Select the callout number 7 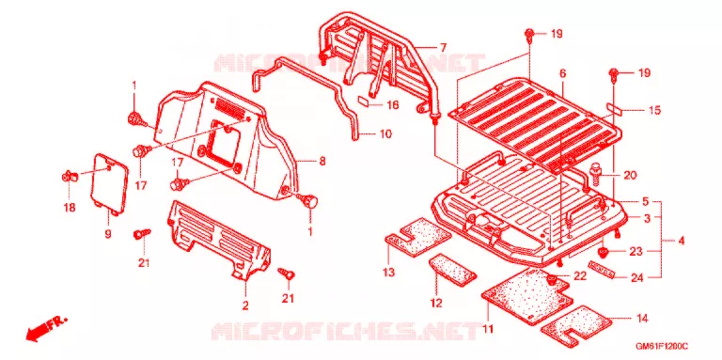coord(443,47)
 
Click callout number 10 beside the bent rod coord(385,134)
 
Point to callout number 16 coord(392,105)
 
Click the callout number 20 coord(630,175)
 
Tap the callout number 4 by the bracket coord(681,241)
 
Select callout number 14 coord(642,318)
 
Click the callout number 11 coord(488,329)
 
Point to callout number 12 coord(436,304)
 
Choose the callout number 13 coord(389,272)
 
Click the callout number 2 coord(245,305)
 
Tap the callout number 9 coord(108,234)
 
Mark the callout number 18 coord(69,208)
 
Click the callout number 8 coord(322,161)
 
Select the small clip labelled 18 coord(68,176)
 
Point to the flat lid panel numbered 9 coord(110,183)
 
